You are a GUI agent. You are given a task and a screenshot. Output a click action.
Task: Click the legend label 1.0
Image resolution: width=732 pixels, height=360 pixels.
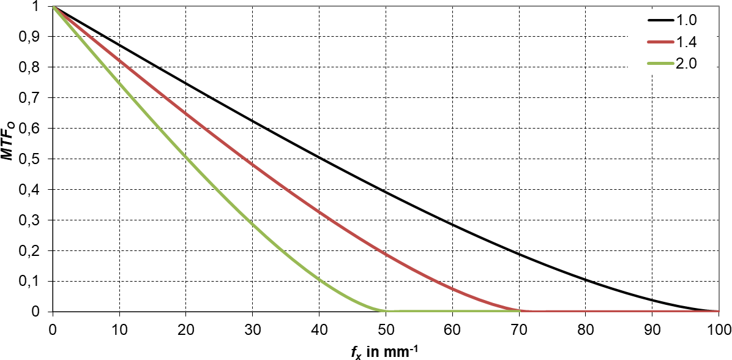pos(687,20)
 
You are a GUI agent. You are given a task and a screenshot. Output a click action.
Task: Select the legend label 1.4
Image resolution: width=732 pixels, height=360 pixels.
pos(687,42)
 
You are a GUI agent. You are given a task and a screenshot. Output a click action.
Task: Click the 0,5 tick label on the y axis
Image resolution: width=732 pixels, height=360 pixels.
pos(35,159)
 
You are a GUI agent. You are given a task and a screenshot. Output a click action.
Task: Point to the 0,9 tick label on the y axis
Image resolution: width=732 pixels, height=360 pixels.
pos(35,37)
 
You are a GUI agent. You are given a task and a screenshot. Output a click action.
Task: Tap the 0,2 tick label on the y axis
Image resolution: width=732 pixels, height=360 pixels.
pos(35,251)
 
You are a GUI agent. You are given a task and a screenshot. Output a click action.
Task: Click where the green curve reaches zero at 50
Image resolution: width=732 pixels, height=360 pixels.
pos(386,311)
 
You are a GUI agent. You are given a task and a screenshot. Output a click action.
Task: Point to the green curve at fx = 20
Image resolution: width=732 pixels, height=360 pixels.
pos(186,157)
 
